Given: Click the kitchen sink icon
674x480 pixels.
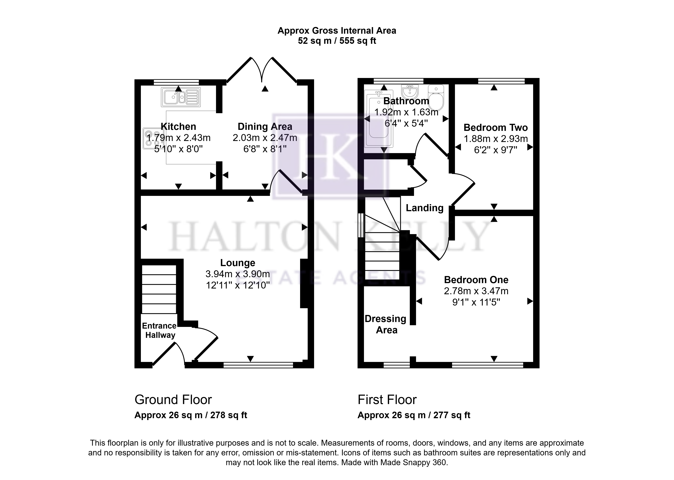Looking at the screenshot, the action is (x=181, y=97).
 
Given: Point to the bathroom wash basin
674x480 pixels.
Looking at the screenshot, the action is (x=410, y=92).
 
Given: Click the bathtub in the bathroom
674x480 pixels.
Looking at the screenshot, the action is (x=379, y=119).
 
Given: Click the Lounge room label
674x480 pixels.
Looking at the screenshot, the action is (x=238, y=263).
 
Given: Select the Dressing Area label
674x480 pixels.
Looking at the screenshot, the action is (x=386, y=324).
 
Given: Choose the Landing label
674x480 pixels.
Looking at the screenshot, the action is (x=424, y=208).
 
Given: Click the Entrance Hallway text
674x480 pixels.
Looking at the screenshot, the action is (x=160, y=330).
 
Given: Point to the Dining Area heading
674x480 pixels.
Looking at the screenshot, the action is (x=265, y=126).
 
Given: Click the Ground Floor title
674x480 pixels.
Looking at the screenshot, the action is (x=173, y=400).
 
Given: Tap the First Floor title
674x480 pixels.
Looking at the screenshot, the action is (x=387, y=400).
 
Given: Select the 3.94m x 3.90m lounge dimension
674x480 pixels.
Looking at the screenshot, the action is (x=238, y=274).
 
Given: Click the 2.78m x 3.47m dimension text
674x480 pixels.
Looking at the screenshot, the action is (x=476, y=291).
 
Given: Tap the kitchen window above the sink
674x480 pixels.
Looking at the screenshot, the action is (x=176, y=82).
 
